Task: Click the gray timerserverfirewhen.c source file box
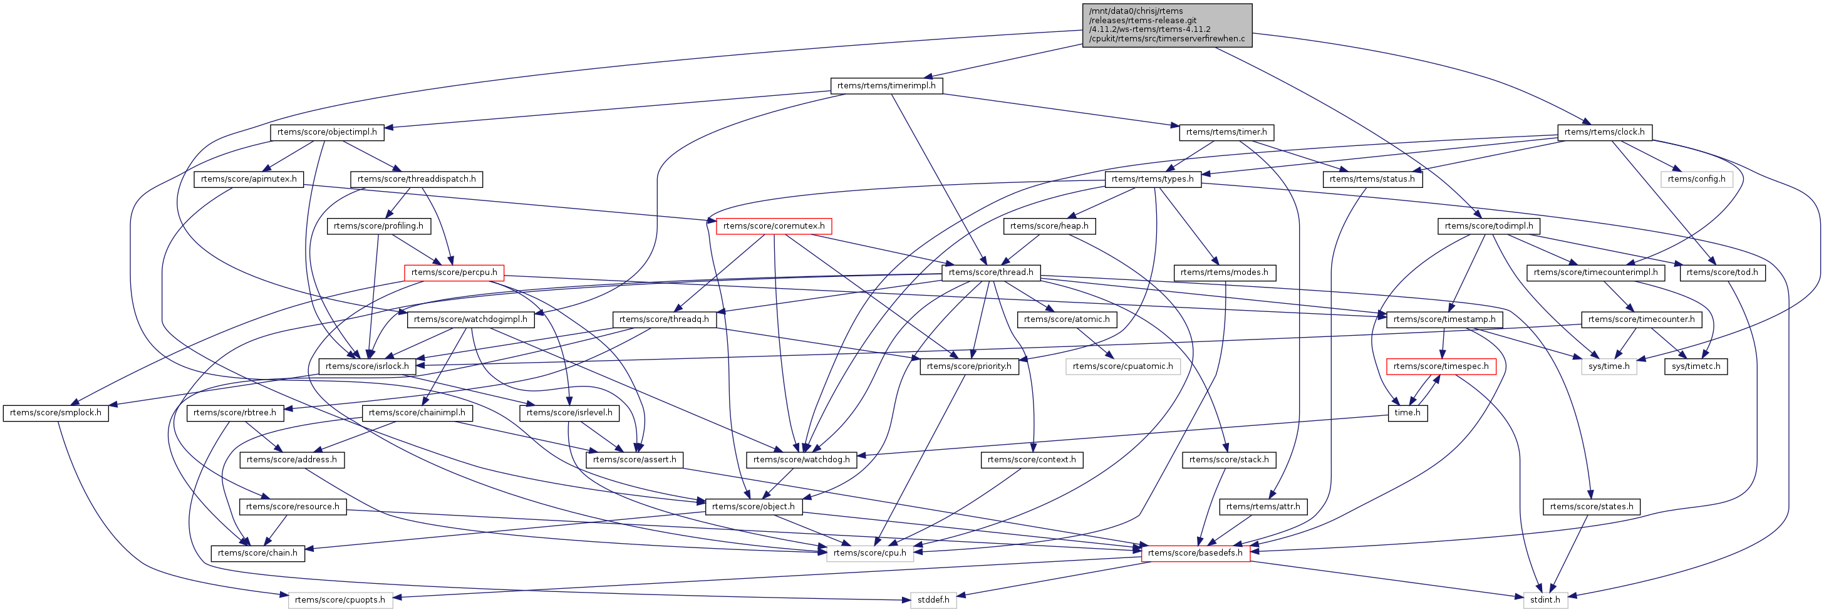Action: [x=1167, y=25]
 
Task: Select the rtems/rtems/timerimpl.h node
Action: [x=886, y=86]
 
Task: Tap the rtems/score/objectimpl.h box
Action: [x=326, y=132]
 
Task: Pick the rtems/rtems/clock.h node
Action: [x=1604, y=132]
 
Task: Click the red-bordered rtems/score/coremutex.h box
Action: [x=773, y=226]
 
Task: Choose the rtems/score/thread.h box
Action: [x=990, y=272]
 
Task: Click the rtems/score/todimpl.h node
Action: [x=1488, y=226]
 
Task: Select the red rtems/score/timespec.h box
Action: [x=1440, y=366]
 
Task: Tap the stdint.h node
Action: [x=1544, y=600]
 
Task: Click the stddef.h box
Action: [x=933, y=600]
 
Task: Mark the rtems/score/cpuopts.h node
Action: [x=340, y=600]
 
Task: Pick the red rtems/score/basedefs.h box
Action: [x=1194, y=553]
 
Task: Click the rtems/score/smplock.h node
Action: [x=55, y=413]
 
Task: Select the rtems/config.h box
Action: [x=1696, y=179]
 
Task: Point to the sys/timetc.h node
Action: [x=1696, y=366]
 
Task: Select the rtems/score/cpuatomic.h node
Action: [x=1122, y=366]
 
